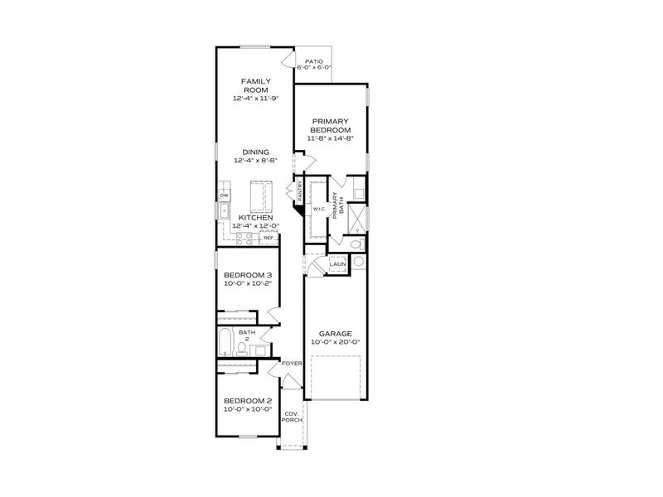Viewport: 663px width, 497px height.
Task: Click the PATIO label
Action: tap(313, 61)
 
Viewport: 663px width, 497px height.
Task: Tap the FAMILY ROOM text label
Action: tap(254, 85)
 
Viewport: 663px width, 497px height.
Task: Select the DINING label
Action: tap(254, 152)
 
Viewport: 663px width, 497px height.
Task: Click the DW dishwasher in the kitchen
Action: tap(224, 195)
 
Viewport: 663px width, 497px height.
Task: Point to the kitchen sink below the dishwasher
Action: tap(225, 211)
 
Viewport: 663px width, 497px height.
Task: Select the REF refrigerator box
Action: tap(268, 239)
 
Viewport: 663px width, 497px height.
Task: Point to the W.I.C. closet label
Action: tap(317, 209)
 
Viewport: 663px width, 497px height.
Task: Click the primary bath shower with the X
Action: tap(358, 217)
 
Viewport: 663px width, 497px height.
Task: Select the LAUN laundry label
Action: tap(337, 264)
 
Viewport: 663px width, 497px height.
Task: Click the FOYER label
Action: tap(291, 363)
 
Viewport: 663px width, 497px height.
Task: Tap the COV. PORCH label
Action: tap(291, 417)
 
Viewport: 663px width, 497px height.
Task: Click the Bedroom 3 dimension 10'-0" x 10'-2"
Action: tap(248, 283)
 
